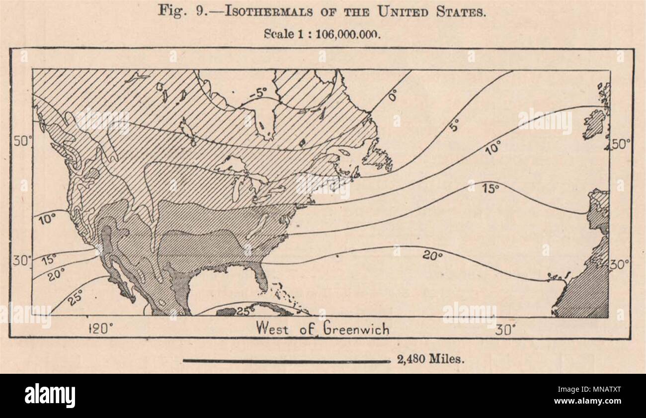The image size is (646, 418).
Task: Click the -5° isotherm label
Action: (x=259, y=93)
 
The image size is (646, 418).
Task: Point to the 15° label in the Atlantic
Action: (x=490, y=188)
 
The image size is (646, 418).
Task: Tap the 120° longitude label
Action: (x=101, y=329)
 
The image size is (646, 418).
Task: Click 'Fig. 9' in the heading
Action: (x=179, y=12)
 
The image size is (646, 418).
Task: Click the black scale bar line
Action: (x=287, y=361)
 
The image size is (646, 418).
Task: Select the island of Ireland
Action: (x=594, y=125)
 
